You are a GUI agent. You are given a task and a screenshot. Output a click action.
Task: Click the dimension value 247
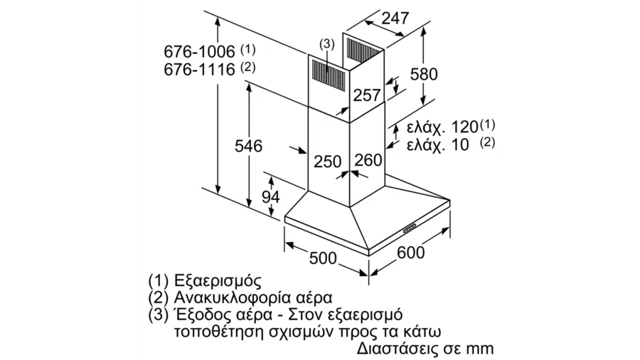[x=395, y=18]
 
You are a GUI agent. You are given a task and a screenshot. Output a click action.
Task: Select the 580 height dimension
[x=424, y=74]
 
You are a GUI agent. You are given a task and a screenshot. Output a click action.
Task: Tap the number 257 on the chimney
[x=366, y=95]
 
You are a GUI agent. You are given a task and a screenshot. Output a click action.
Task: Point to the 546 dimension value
[x=248, y=146]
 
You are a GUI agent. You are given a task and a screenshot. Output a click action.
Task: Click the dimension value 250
[x=327, y=162]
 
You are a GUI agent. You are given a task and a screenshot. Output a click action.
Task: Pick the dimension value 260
[x=368, y=160]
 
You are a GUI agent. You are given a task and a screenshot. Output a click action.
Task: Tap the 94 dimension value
[x=271, y=197]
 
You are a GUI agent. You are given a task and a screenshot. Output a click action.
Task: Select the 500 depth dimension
[x=323, y=258]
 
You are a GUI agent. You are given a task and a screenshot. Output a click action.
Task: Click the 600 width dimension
[x=410, y=253]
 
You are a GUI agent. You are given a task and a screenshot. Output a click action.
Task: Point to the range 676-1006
[x=200, y=52]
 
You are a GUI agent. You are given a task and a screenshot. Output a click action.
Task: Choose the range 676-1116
[x=200, y=70]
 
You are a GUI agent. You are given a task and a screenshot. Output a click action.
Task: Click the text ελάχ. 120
[x=442, y=127]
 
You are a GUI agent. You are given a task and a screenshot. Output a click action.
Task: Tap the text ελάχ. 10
[x=438, y=144]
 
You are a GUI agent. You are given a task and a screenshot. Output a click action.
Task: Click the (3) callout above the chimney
[x=327, y=44]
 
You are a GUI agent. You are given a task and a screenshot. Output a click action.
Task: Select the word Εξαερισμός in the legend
[x=217, y=280]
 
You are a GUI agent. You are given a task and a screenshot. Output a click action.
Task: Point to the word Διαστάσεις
[x=398, y=348]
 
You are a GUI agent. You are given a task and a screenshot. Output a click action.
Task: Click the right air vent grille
[x=363, y=51]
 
